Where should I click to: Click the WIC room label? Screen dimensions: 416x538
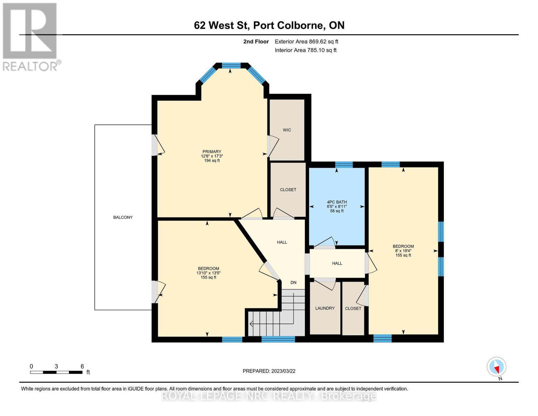(287, 130)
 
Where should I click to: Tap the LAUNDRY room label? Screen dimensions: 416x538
(325, 308)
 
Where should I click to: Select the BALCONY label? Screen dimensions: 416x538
(123, 217)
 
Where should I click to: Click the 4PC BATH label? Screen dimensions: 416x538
(337, 202)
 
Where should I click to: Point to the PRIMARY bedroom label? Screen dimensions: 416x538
(212, 151)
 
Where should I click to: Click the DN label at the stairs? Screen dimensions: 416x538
(293, 283)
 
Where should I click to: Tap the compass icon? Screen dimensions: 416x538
(496, 367)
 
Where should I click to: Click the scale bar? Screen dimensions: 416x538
(56, 372)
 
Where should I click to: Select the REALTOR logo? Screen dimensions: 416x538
(30, 36)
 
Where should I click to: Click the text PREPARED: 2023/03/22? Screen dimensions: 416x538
(269, 371)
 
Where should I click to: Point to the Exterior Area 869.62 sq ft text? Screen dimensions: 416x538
(306, 42)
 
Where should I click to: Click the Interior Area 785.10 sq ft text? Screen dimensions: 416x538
(306, 50)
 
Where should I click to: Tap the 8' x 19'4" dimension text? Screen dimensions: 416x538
(403, 251)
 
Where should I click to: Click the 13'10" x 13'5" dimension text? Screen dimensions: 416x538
(209, 273)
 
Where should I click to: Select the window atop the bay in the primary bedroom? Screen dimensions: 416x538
(231, 65)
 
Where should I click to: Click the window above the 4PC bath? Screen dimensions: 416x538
(344, 165)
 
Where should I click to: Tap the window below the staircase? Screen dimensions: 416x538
(278, 339)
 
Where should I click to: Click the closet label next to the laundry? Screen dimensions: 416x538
(353, 309)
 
